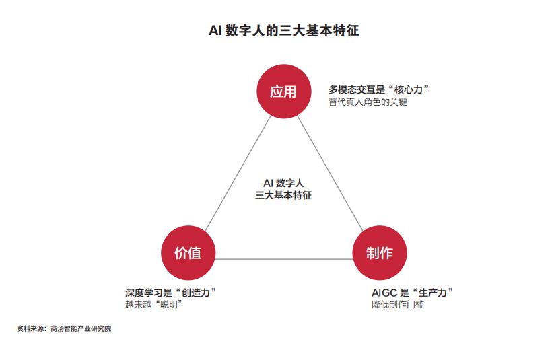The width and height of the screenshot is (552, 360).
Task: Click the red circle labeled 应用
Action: (x=284, y=92)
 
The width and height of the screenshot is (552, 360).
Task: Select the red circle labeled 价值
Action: (x=188, y=252)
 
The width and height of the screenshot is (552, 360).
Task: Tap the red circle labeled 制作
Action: (x=380, y=252)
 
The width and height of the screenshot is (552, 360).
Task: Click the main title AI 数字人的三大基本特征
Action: (x=284, y=30)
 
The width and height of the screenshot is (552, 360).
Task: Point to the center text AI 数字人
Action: (x=283, y=183)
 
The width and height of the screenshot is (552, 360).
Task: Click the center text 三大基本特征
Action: (x=283, y=195)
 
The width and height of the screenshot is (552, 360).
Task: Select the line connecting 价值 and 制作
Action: (x=284, y=259)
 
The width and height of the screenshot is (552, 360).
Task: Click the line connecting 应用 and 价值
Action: (x=238, y=174)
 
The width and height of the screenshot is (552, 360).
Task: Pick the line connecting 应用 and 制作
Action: (x=330, y=174)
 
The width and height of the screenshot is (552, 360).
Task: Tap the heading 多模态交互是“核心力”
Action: (x=379, y=89)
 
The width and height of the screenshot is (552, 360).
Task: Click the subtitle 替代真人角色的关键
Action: (x=368, y=102)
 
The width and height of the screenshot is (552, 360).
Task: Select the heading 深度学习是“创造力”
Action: (x=171, y=293)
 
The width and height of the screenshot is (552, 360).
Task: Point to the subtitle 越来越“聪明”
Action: (x=153, y=304)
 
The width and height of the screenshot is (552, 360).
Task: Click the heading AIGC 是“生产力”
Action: (x=412, y=293)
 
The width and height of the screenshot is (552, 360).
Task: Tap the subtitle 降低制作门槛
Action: (x=398, y=304)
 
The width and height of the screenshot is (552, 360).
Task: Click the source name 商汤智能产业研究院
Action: (x=81, y=328)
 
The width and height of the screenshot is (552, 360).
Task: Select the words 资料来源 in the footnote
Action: (x=30, y=328)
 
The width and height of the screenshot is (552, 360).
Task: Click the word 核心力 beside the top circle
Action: (x=409, y=89)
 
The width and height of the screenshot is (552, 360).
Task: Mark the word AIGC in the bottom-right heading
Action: (x=384, y=293)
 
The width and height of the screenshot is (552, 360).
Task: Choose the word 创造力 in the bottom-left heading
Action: (x=196, y=293)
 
